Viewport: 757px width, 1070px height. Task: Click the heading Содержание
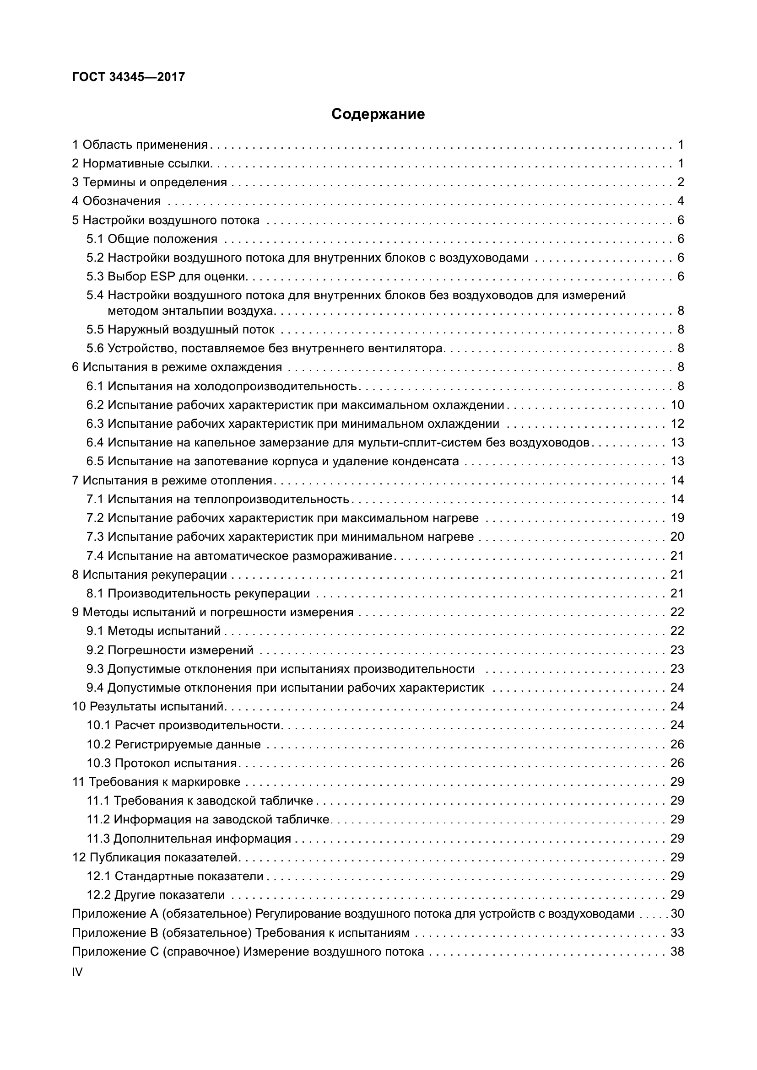tap(378, 114)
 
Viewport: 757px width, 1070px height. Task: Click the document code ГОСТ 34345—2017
tap(129, 77)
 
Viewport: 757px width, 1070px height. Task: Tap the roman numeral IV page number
tap(77, 972)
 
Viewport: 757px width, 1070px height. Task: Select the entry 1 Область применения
tap(140, 145)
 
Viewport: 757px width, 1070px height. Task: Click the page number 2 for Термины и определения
tap(681, 182)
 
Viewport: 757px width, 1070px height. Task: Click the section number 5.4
tap(95, 296)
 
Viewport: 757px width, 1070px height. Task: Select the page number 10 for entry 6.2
tap(677, 405)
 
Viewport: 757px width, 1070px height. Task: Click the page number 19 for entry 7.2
tap(677, 518)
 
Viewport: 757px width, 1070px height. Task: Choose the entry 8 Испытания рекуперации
tap(150, 575)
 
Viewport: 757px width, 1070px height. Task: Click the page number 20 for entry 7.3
tap(677, 537)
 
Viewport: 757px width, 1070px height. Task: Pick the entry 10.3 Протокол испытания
tap(162, 763)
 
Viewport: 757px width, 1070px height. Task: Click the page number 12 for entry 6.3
tap(677, 424)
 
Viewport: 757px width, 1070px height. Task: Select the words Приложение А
tap(116, 914)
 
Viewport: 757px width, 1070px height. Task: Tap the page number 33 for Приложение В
tap(677, 933)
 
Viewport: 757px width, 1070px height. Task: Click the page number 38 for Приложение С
tap(677, 952)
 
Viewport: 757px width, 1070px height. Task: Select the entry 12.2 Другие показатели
tap(156, 895)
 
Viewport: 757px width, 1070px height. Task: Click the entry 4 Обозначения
tap(117, 201)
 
